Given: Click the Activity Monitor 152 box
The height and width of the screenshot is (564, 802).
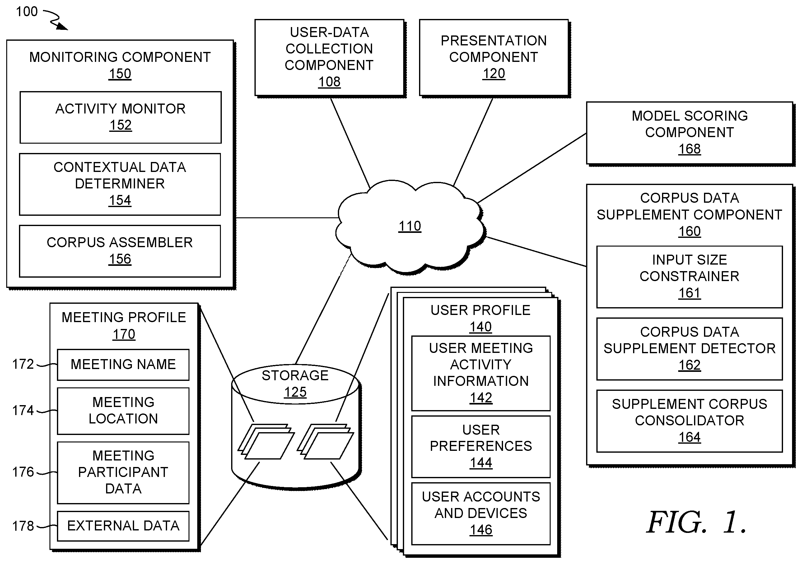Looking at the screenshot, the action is point(120,117).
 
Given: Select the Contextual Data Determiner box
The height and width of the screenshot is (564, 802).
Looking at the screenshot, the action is point(120,184).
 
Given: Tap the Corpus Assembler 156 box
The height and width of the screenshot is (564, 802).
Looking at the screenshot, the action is point(120,251).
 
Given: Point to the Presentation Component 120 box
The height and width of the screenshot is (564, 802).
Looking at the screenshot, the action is point(494,58).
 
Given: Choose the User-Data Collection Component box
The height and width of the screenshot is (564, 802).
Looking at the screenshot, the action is point(329,58).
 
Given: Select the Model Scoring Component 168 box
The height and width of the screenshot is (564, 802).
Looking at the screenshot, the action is point(689,133).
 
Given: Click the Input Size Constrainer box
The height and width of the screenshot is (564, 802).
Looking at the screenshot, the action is point(689,277).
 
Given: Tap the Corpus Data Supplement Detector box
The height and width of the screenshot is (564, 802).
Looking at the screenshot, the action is point(689,349).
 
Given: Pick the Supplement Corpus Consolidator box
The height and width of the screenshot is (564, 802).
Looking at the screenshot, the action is point(689,421).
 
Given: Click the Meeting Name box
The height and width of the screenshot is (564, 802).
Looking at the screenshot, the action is point(123,365).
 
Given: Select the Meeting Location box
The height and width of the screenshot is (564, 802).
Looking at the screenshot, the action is point(123,411).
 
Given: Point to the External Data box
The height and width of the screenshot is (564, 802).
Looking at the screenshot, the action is point(123,526).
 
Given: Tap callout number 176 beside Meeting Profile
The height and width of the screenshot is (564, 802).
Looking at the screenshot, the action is point(23,472).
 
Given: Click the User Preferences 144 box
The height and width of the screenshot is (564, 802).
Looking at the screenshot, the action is point(481,446).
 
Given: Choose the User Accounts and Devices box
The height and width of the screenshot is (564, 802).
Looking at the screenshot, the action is point(481,513).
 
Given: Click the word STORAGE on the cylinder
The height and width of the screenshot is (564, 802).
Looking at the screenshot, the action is point(295,376).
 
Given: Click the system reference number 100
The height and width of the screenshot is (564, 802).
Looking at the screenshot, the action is point(27,12).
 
